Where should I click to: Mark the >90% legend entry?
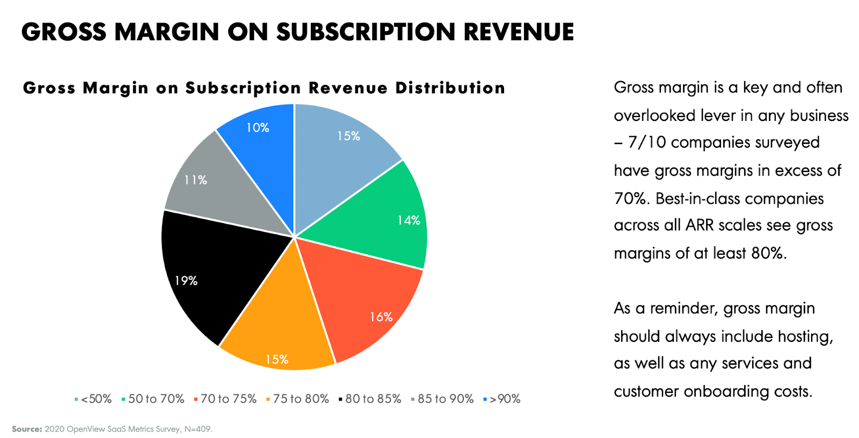pos(505,399)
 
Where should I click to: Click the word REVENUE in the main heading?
pos(519,32)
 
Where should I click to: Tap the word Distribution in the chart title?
pos(450,88)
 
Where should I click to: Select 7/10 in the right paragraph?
pos(647,142)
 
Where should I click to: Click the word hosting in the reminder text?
pos(805,336)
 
